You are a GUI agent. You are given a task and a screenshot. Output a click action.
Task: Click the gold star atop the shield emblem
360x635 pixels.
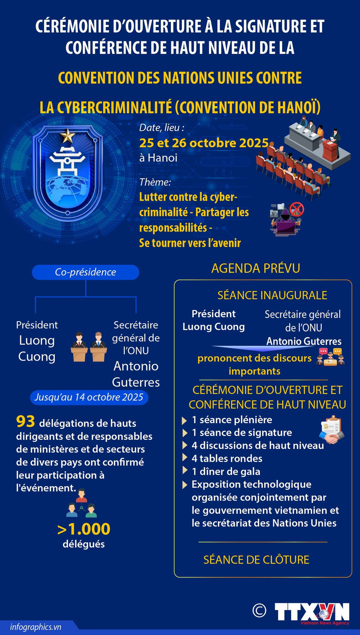coord(67,135)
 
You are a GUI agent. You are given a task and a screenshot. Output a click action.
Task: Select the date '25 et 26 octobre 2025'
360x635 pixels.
coord(204,143)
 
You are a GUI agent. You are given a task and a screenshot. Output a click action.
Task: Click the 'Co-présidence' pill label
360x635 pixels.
coord(85,272)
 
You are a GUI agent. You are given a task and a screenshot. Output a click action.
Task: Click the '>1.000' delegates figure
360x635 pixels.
coord(83,529)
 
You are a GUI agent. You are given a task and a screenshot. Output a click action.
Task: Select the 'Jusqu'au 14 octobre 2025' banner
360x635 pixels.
coord(89,397)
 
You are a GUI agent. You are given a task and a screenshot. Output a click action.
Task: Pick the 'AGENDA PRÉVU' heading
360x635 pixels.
coord(256,268)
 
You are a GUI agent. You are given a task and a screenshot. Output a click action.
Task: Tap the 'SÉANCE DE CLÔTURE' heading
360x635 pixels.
coord(256,559)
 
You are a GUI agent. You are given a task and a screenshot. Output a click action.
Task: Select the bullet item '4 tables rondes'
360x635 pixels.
coord(227,458)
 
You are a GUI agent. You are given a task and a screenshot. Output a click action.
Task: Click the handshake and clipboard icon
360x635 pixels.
coord(332,429)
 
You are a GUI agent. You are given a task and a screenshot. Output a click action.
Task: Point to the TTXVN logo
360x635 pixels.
coord(312,612)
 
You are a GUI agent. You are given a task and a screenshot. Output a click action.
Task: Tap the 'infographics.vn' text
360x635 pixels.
coord(35,627)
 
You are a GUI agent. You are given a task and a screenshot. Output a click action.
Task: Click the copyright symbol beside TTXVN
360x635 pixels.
coord(259,610)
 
